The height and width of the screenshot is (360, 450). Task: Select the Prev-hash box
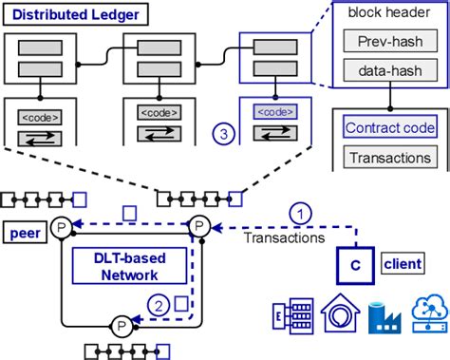(x=387, y=42)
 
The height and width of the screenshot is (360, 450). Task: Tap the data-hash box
(x=387, y=70)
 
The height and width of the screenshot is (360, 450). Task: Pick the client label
(x=403, y=259)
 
